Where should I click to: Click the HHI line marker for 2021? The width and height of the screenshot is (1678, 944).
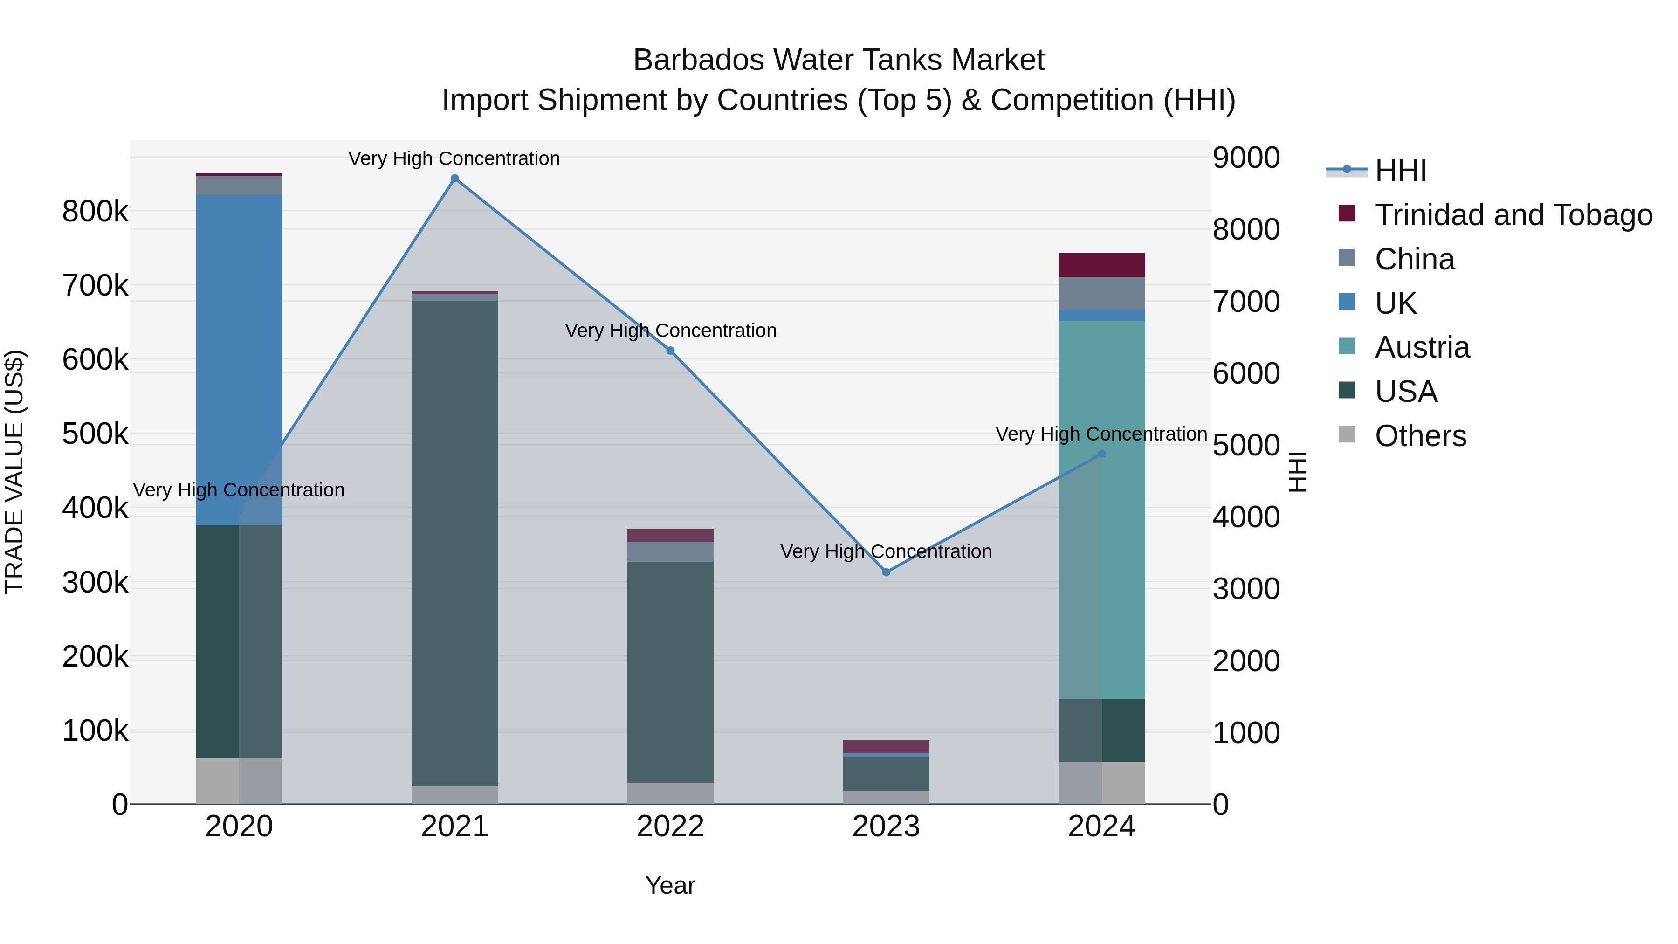(x=454, y=179)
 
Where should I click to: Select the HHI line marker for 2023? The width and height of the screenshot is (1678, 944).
(x=886, y=572)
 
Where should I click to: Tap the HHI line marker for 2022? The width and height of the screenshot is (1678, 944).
(x=670, y=351)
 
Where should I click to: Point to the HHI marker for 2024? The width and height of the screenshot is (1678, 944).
(x=1101, y=454)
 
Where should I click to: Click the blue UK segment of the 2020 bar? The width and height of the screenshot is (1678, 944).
(x=239, y=358)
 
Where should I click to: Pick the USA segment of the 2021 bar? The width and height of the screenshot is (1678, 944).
(x=454, y=541)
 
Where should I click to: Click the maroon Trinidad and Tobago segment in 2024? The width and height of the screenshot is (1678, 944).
(x=1101, y=265)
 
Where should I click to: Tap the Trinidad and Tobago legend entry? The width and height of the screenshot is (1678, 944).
(x=1513, y=215)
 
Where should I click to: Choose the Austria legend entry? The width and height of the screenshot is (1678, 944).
(x=1422, y=347)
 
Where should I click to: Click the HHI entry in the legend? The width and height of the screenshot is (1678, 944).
(x=1401, y=171)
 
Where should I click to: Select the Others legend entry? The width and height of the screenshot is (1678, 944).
(x=1420, y=436)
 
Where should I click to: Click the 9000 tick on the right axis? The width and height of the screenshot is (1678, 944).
(x=1245, y=158)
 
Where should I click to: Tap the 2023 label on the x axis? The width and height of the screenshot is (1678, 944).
(x=886, y=827)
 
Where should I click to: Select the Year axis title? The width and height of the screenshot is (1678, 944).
(x=670, y=885)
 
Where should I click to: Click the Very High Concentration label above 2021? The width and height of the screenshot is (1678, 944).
(x=454, y=158)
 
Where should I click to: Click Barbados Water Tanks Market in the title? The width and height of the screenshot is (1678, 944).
(x=839, y=60)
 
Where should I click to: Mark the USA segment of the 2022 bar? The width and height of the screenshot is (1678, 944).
(x=670, y=671)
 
